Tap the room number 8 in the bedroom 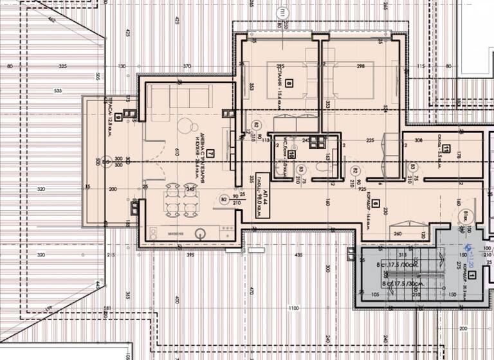(289, 83)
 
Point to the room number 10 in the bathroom (291, 154)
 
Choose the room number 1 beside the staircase (472, 276)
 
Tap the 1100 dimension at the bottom (294, 309)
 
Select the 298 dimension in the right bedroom (360, 66)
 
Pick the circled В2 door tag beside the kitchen (224, 200)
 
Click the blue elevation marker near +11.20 (468, 248)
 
